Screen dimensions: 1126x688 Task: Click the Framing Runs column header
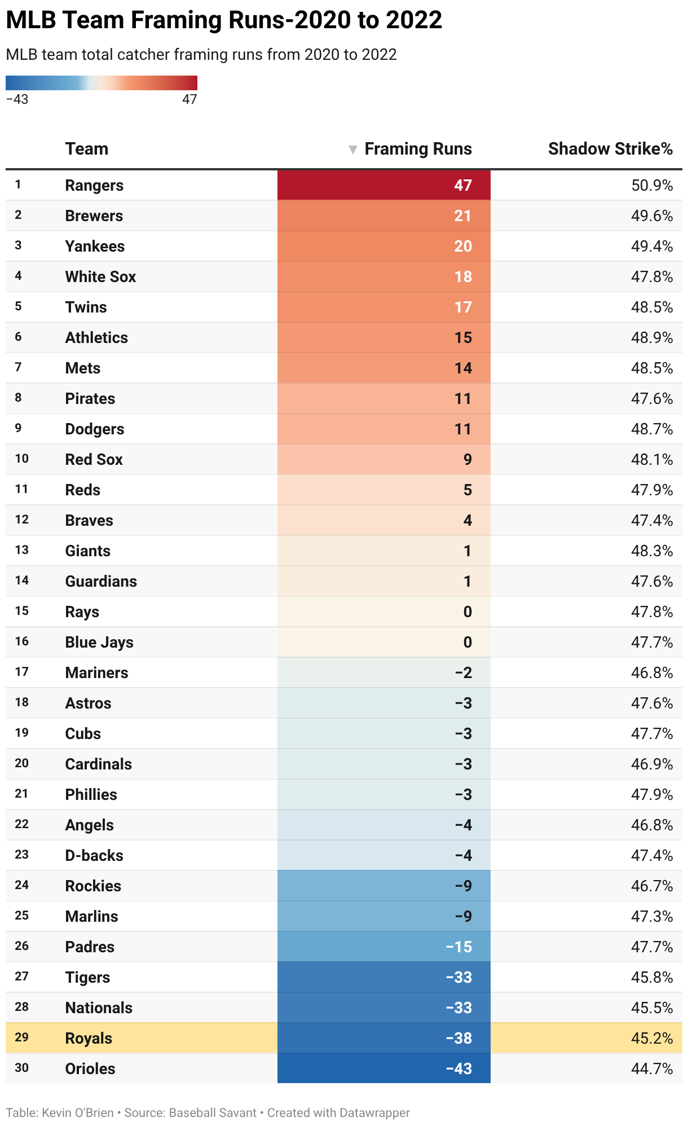[418, 149]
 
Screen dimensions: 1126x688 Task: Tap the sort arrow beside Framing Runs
[353, 149]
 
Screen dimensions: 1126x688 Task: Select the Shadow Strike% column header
[610, 149]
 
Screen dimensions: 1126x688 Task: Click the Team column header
[87, 149]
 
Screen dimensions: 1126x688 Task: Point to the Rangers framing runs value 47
[463, 186]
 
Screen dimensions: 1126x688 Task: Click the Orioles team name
[90, 1068]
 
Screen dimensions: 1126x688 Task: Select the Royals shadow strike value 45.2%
[652, 1038]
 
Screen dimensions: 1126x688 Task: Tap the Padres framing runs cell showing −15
[459, 947]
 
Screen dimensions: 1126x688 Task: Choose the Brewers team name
[94, 216]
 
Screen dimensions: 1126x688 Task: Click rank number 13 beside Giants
[22, 550]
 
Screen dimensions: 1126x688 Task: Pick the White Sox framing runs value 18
[463, 277]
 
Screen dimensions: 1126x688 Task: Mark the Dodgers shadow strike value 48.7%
[652, 429]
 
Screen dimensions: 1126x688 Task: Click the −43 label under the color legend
[17, 99]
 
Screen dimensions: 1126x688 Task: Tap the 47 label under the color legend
[189, 99]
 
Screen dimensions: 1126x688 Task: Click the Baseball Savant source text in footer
[213, 1112]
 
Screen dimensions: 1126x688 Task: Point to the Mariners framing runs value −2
[464, 672]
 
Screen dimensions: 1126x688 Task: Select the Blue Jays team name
[99, 643]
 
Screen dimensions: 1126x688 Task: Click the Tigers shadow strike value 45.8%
[652, 977]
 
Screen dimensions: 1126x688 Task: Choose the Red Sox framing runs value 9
[468, 460]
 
